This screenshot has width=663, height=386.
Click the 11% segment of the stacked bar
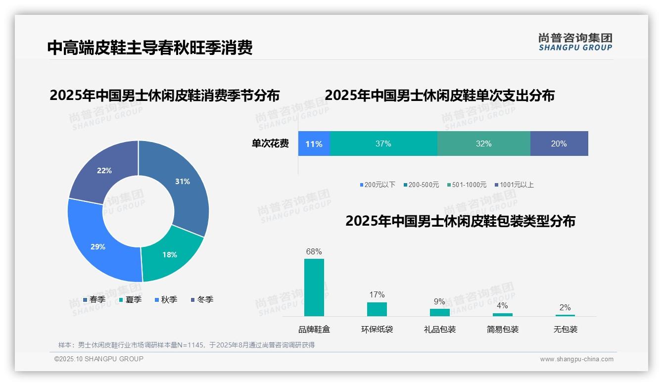coord(314,144)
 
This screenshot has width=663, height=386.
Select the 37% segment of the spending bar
coord(383,144)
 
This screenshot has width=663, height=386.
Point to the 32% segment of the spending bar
coord(483,144)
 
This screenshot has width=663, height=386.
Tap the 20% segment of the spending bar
coord(559,144)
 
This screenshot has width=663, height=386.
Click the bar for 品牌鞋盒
coord(314,288)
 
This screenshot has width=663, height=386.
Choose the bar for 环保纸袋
coord(377,309)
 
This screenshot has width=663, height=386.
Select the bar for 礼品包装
coord(439,312)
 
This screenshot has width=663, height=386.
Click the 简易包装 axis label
coord(502,330)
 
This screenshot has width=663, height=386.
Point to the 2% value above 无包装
coord(565,307)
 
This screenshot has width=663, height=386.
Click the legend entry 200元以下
coord(378,185)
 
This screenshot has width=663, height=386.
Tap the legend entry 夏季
coord(131,300)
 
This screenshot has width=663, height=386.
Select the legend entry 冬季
coord(202,300)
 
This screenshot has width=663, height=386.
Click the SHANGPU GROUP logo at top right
coord(575,42)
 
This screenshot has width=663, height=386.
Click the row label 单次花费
coord(270,144)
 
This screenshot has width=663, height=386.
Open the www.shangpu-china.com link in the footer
coord(576,359)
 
